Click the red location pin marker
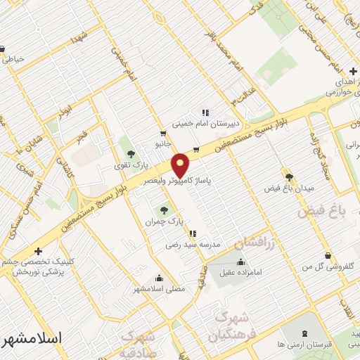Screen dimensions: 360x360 pyautogui.click(x=181, y=165)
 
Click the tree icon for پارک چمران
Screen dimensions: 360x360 pyautogui.click(x=164, y=210)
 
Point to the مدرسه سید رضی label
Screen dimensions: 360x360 pyautogui.click(x=193, y=244)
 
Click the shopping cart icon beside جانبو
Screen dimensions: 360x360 pyautogui.click(x=163, y=133)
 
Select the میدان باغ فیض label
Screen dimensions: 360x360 pyautogui.click(x=288, y=189)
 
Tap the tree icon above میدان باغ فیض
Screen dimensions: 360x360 pyautogui.click(x=288, y=176)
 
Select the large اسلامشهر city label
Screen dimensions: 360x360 pyautogui.click(x=32, y=338)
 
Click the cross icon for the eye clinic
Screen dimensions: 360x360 pyautogui.click(x=38, y=250)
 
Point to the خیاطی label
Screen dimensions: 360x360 pyautogui.click(x=13, y=59)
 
